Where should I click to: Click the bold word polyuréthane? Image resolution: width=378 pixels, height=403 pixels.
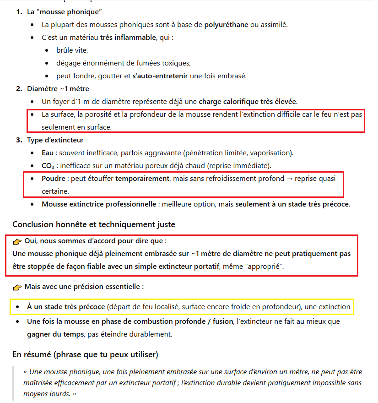tap(226, 24)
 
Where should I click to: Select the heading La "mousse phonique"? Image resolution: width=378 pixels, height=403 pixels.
tap(65, 11)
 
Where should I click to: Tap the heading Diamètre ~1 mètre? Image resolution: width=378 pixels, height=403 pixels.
tap(58, 88)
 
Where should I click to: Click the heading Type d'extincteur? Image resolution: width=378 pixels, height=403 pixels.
tap(55, 140)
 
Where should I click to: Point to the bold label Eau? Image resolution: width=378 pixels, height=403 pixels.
tap(47, 152)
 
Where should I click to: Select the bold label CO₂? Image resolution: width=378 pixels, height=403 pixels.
tap(49, 165)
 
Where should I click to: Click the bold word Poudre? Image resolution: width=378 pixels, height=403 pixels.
tap(53, 178)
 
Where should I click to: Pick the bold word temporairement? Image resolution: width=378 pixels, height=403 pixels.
tap(142, 178)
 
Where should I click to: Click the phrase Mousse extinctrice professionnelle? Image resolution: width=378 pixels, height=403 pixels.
tap(99, 204)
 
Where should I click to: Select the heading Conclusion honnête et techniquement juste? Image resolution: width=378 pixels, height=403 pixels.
tap(94, 224)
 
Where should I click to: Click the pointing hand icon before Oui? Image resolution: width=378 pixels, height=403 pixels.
tap(17, 241)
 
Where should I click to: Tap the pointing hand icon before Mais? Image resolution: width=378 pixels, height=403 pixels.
tap(17, 287)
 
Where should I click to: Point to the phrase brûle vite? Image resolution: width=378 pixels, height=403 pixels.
tap(72, 50)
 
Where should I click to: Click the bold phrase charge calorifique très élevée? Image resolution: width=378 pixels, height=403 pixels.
tap(248, 101)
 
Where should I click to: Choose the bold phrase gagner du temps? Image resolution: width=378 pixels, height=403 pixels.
tap(55, 334)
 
